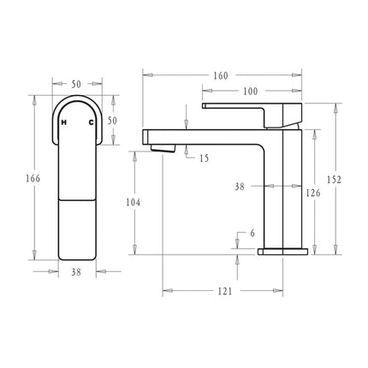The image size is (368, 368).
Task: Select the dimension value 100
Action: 249,91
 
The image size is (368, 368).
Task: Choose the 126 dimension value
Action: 313,194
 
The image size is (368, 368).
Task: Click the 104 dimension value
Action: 132,202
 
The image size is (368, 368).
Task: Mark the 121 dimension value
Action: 224,292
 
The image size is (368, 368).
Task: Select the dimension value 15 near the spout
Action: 204,158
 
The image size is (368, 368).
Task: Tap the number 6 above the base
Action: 252,232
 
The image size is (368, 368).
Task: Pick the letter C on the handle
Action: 92,123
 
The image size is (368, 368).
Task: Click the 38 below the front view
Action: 75,273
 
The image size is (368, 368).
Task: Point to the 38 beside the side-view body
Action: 240,185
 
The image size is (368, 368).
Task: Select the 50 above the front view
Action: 76,84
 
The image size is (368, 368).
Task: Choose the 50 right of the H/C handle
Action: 112,122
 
